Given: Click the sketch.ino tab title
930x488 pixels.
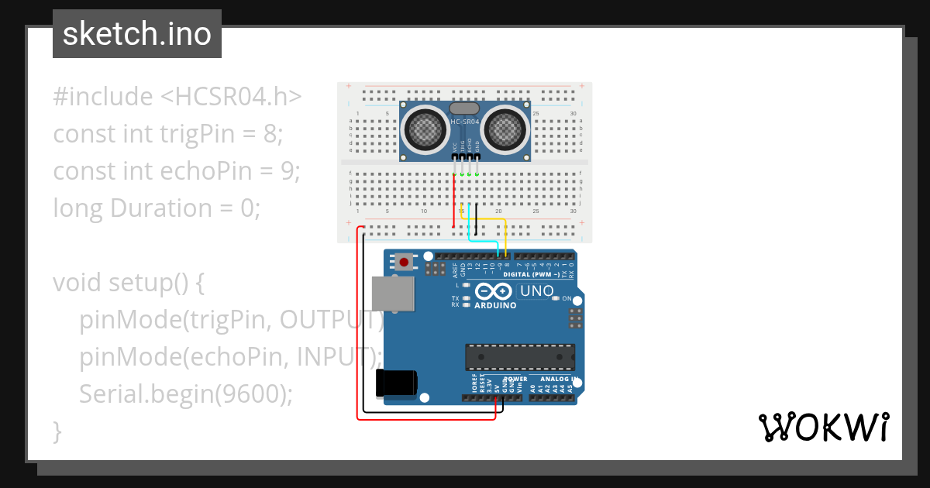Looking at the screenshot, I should pyautogui.click(x=136, y=34).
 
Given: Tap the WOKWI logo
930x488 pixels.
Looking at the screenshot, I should pyautogui.click(x=823, y=427).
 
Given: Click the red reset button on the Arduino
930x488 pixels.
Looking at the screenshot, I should pyautogui.click(x=404, y=262).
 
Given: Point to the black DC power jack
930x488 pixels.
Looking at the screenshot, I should pyautogui.click(x=396, y=383).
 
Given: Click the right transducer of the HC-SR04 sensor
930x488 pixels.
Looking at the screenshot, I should pyautogui.click(x=505, y=129).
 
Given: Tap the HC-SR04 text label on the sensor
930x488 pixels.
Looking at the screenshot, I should pyautogui.click(x=465, y=122).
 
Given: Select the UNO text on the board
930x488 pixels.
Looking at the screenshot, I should pyautogui.click(x=536, y=291).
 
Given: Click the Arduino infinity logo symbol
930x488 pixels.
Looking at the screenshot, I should pyautogui.click(x=494, y=292).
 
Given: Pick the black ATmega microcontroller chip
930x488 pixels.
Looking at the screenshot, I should pyautogui.click(x=520, y=356).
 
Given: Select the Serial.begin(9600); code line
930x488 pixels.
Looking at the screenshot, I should pyautogui.click(x=186, y=394).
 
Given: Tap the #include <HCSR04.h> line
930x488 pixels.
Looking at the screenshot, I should pyautogui.click(x=177, y=97).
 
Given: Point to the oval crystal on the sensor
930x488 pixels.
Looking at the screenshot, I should pyautogui.click(x=464, y=110).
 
